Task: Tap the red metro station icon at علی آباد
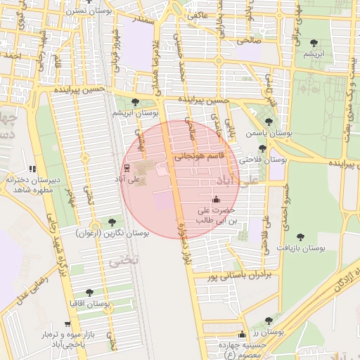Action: pos(127,168)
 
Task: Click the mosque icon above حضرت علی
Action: pos(215,199)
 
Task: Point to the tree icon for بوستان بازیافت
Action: pos(301,237)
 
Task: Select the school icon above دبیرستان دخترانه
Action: pos(32,169)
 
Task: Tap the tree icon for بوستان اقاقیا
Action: pos(89,292)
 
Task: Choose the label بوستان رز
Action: pos(266,331)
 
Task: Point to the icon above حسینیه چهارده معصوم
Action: pos(243,335)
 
